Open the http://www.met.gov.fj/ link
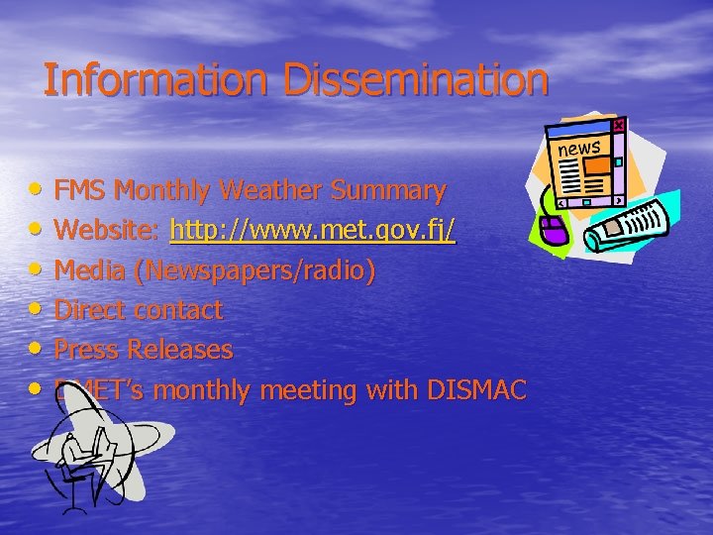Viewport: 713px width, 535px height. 313,231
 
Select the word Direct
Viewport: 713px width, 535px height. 90,310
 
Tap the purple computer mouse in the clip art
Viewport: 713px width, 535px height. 552,232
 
